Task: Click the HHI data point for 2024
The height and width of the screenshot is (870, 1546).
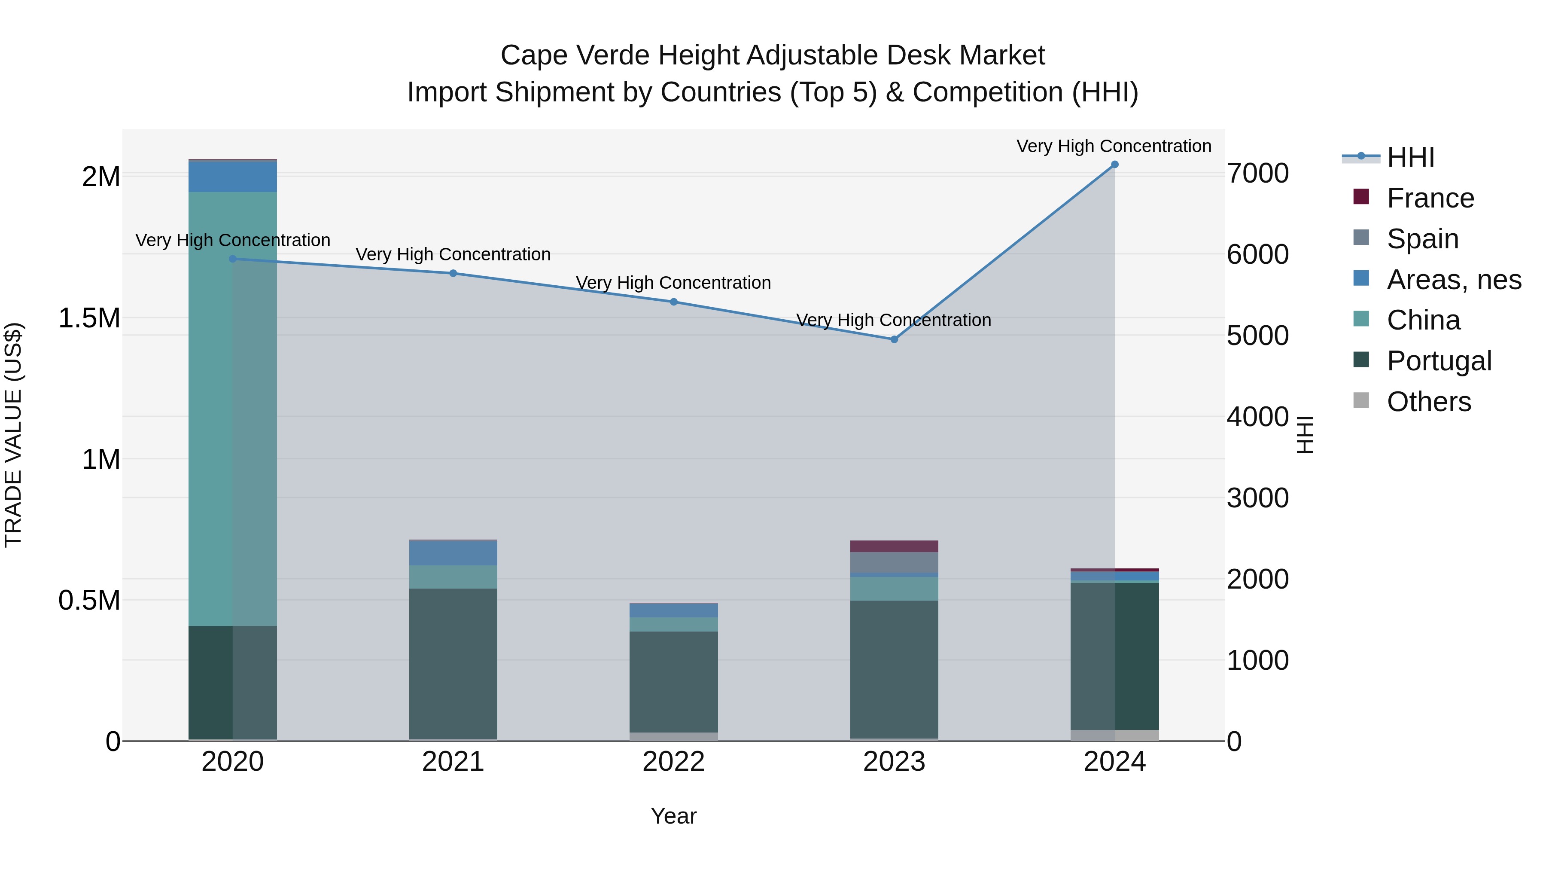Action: click(x=1114, y=165)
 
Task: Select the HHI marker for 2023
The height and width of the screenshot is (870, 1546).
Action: click(x=894, y=339)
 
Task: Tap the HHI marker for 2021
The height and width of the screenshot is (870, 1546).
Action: click(x=453, y=273)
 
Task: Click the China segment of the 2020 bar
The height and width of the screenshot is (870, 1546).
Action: click(x=232, y=408)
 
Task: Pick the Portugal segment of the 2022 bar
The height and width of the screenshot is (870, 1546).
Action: click(x=673, y=681)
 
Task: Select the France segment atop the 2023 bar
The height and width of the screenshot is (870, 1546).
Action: click(x=894, y=546)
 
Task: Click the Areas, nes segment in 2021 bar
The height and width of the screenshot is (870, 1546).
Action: click(x=453, y=553)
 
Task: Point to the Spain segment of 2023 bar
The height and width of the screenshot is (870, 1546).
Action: click(x=894, y=562)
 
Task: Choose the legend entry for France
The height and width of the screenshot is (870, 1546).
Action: click(x=1430, y=198)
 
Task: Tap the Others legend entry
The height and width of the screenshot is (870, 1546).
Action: click(x=1428, y=402)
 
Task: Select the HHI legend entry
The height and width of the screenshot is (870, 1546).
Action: click(x=1410, y=157)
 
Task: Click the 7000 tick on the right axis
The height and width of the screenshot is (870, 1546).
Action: click(x=1257, y=174)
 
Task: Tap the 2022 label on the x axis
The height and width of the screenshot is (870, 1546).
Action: click(x=673, y=762)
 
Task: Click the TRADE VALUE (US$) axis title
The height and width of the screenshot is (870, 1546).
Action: click(x=13, y=435)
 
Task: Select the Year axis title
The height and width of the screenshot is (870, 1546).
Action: click(x=673, y=816)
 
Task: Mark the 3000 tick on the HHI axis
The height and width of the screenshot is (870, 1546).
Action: click(x=1257, y=498)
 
